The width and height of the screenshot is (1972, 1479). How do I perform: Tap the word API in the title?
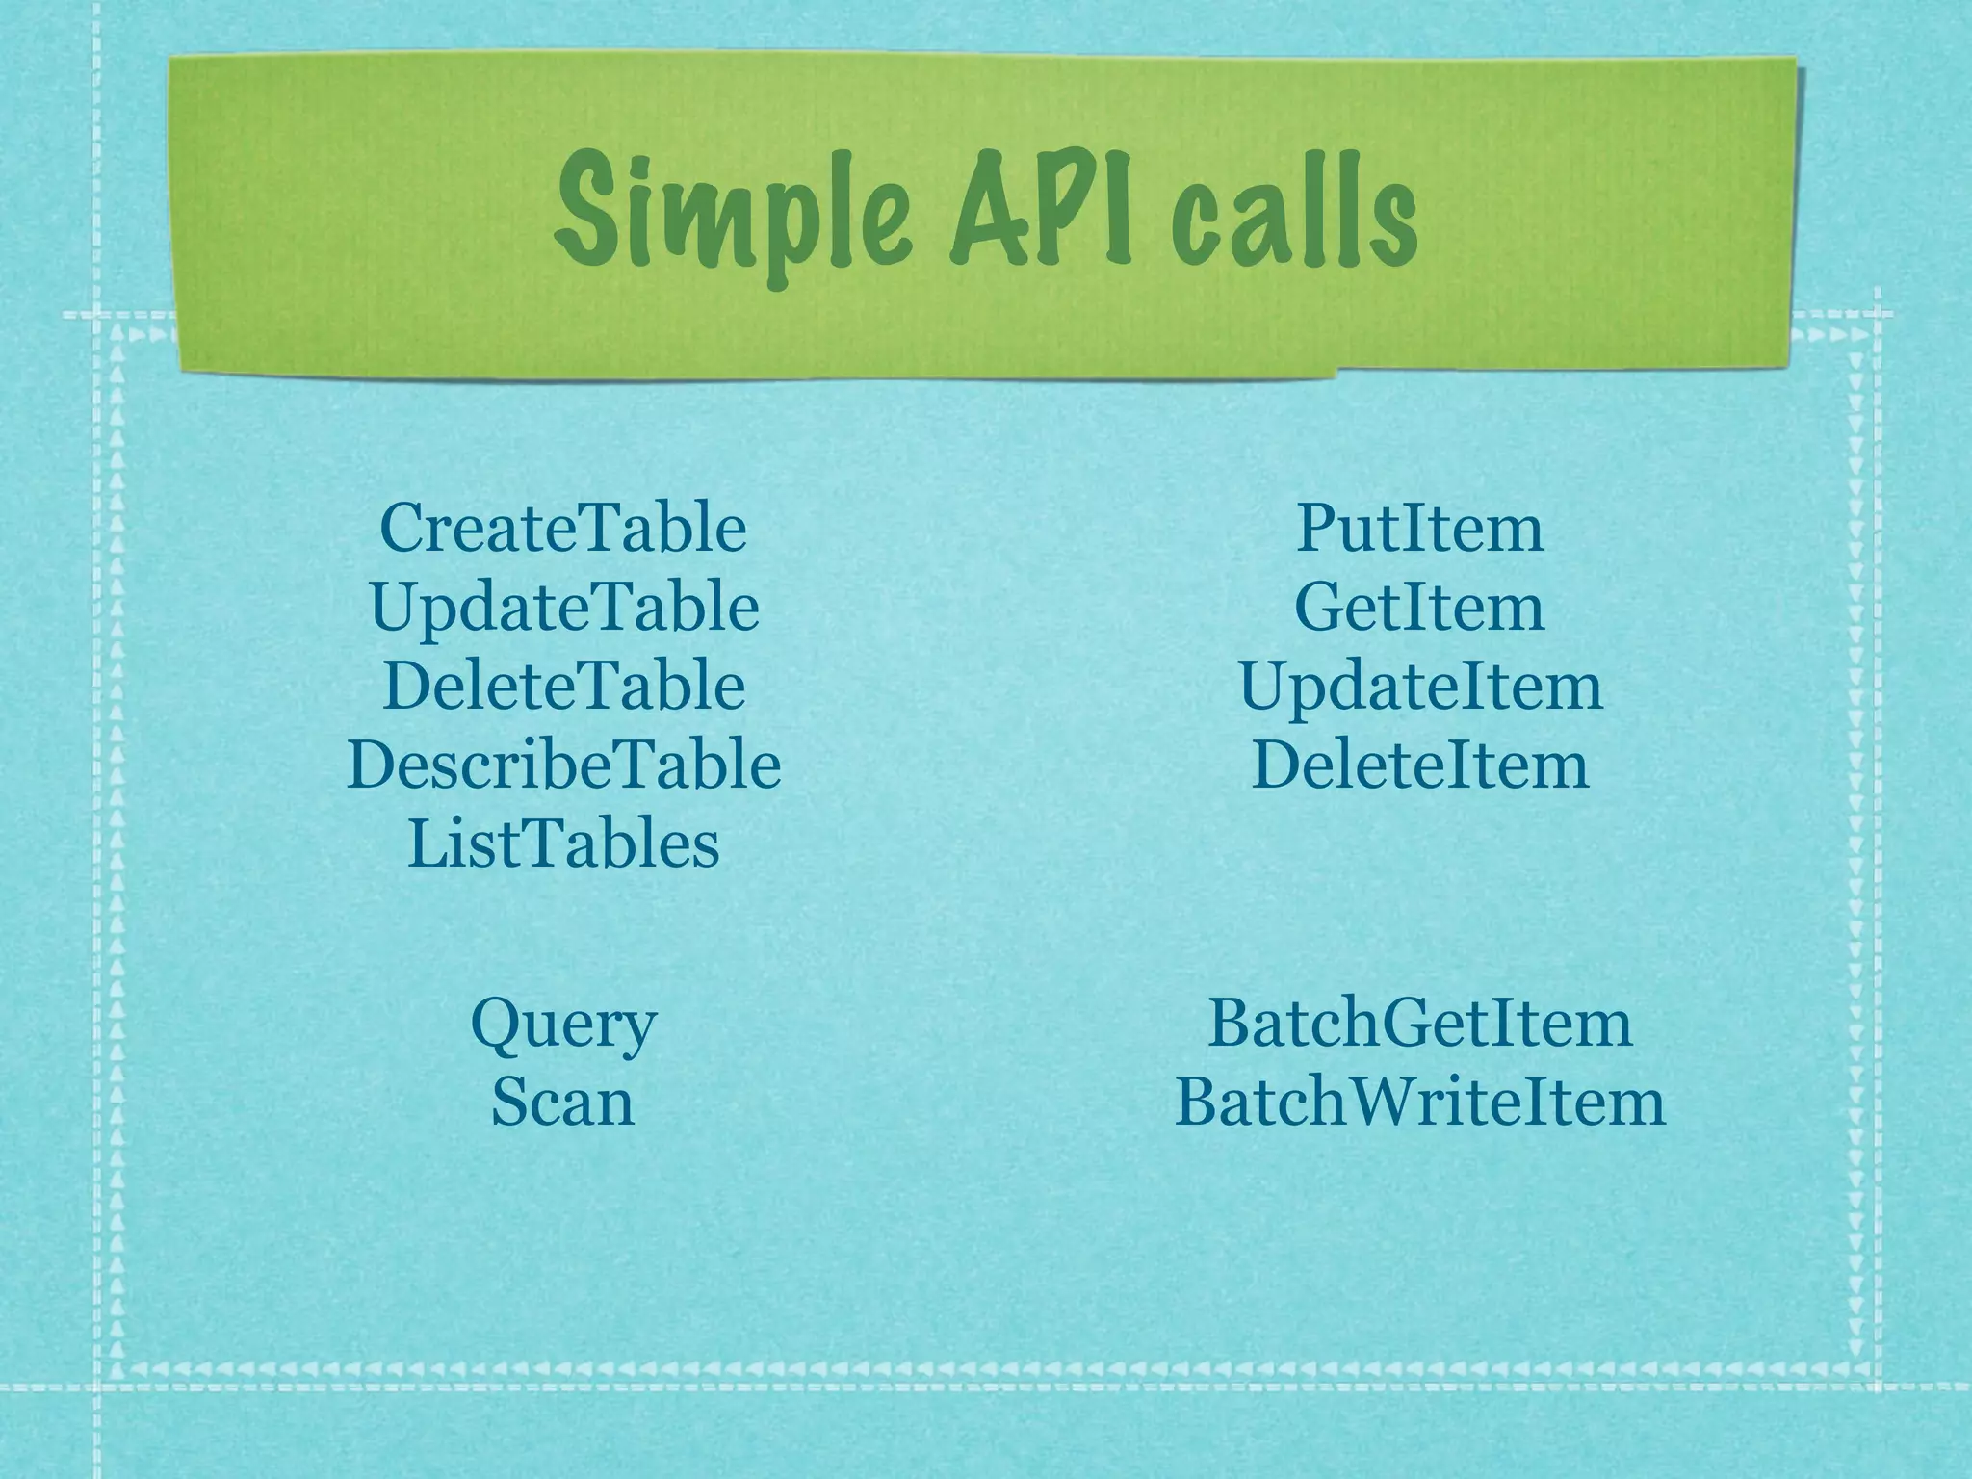tap(1040, 209)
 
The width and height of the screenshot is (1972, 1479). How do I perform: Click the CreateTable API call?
tap(563, 529)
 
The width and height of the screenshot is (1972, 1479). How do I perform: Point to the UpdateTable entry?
tap(564, 609)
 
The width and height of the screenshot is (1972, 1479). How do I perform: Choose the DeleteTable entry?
tap(564, 687)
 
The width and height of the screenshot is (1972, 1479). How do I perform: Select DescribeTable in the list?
tap(564, 765)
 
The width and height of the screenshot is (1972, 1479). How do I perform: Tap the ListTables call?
tap(564, 844)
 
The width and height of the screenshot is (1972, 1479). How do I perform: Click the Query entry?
tap(563, 1025)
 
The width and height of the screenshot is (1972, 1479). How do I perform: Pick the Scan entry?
tap(563, 1102)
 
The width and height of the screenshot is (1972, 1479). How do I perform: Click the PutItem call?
tap(1419, 529)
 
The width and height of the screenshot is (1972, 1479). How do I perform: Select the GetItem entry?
tap(1419, 608)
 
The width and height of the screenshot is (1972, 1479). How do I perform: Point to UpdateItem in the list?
tap(1420, 687)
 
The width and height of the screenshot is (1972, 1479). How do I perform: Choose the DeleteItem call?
tap(1420, 765)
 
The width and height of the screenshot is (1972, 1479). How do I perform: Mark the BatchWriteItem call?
tap(1419, 1102)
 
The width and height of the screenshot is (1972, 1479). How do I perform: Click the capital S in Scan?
tap(508, 1103)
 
